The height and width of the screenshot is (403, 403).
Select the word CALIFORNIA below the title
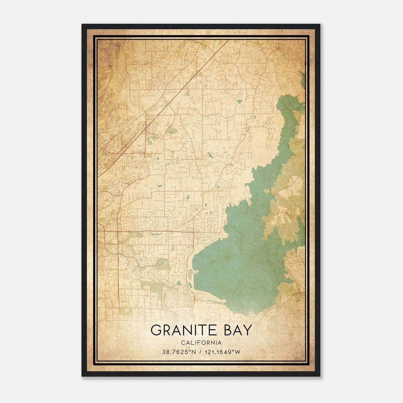[x=201, y=343]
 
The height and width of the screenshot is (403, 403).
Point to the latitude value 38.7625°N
[x=179, y=352]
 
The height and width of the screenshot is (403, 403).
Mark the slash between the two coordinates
[x=200, y=352]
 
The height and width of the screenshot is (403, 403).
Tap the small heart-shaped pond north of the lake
[x=239, y=102]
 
